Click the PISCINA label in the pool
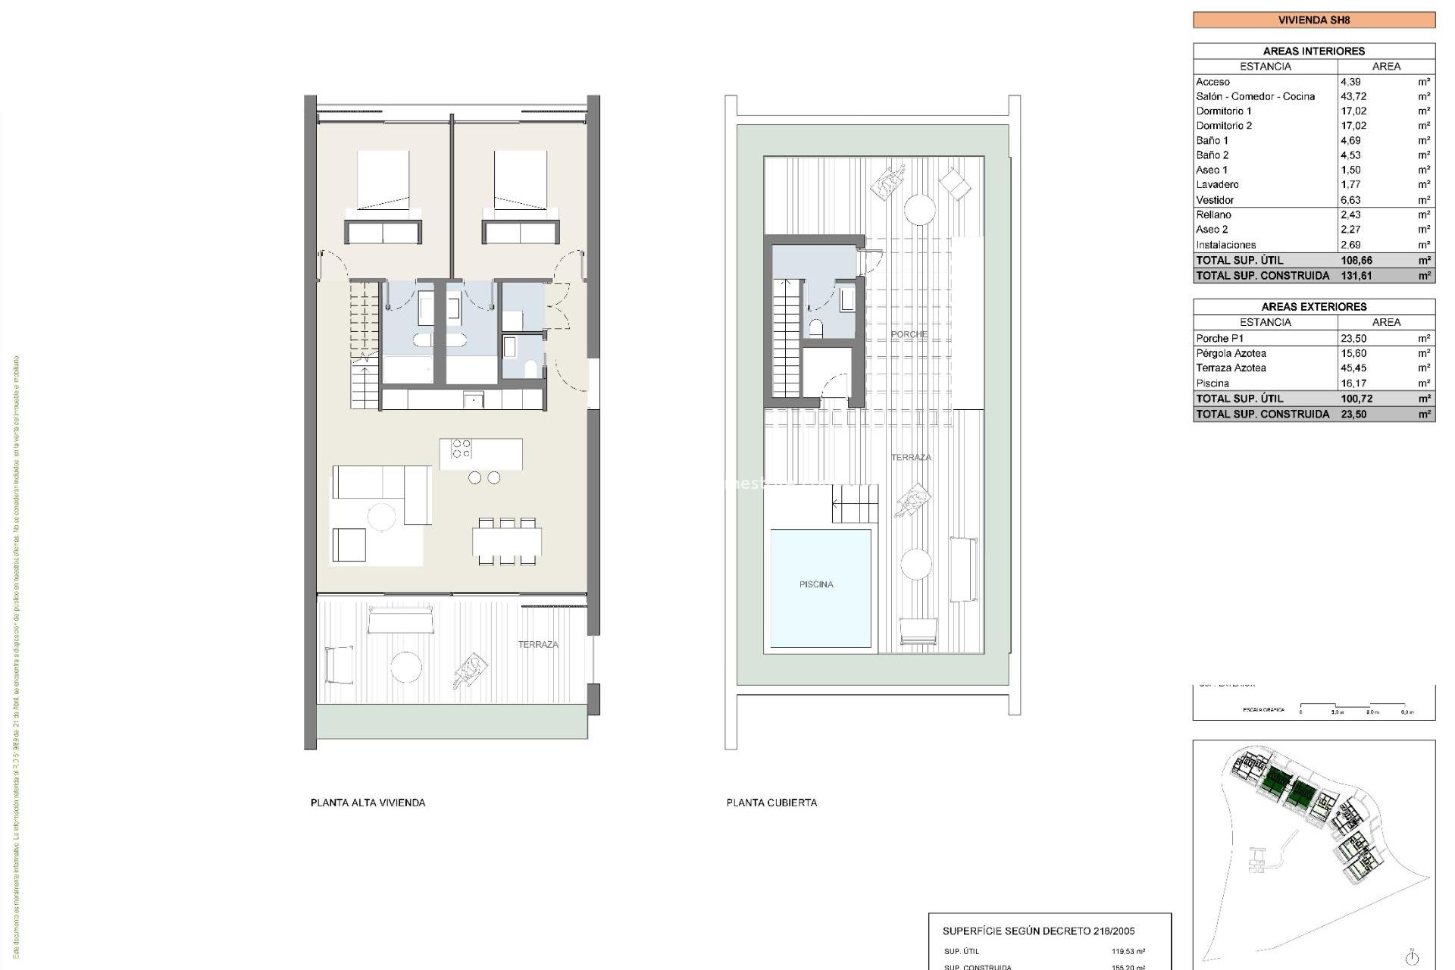click(815, 584)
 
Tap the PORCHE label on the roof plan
click(908, 334)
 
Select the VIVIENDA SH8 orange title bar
click(1313, 20)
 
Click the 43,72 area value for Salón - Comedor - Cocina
click(1353, 96)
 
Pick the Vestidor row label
click(1215, 200)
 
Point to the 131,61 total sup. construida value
click(1356, 276)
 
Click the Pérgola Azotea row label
click(1231, 353)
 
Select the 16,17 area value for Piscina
click(1353, 383)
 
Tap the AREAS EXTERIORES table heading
click(1313, 307)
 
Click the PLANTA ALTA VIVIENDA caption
click(368, 803)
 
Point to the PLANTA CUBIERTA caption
click(771, 803)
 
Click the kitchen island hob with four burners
click(462, 449)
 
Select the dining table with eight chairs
click(507, 543)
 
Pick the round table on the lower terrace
click(406, 667)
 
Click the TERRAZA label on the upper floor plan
click(538, 645)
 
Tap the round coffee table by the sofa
click(381, 518)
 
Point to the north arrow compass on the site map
click(1411, 956)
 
